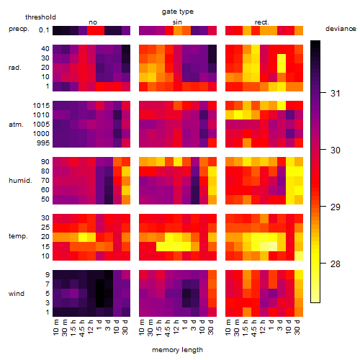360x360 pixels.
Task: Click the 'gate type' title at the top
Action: coord(178,12)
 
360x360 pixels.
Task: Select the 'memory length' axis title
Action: coord(177,350)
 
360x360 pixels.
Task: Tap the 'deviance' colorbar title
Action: coord(341,29)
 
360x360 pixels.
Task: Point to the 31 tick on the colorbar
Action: coord(323,93)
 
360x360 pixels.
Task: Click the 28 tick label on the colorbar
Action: coord(335,264)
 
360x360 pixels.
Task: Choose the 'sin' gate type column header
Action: coord(177,22)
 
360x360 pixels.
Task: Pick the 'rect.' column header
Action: coord(261,22)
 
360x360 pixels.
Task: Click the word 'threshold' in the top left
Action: coord(40,17)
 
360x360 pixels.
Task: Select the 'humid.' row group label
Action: coord(20,181)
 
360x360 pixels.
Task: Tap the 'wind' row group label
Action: coord(17,294)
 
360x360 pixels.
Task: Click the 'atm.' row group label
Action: coord(16,125)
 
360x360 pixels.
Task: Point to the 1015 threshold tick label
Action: coord(41,106)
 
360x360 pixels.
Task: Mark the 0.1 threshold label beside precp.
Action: coord(44,30)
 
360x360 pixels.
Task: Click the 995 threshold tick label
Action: coord(43,143)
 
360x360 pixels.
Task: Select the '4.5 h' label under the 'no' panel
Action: coord(82,328)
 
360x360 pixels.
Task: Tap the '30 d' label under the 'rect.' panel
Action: coord(297,327)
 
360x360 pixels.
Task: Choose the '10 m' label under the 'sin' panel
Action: coord(142,328)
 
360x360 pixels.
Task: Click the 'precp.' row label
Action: coord(19,29)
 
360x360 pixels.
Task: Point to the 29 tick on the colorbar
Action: coord(323,206)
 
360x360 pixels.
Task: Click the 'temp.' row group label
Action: coord(18,236)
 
